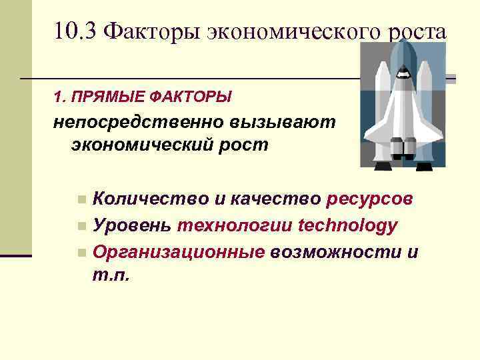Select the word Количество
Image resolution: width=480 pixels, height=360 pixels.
click(x=149, y=199)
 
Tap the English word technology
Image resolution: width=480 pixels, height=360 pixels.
click(x=349, y=226)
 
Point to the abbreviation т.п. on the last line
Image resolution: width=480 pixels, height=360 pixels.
click(x=112, y=275)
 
